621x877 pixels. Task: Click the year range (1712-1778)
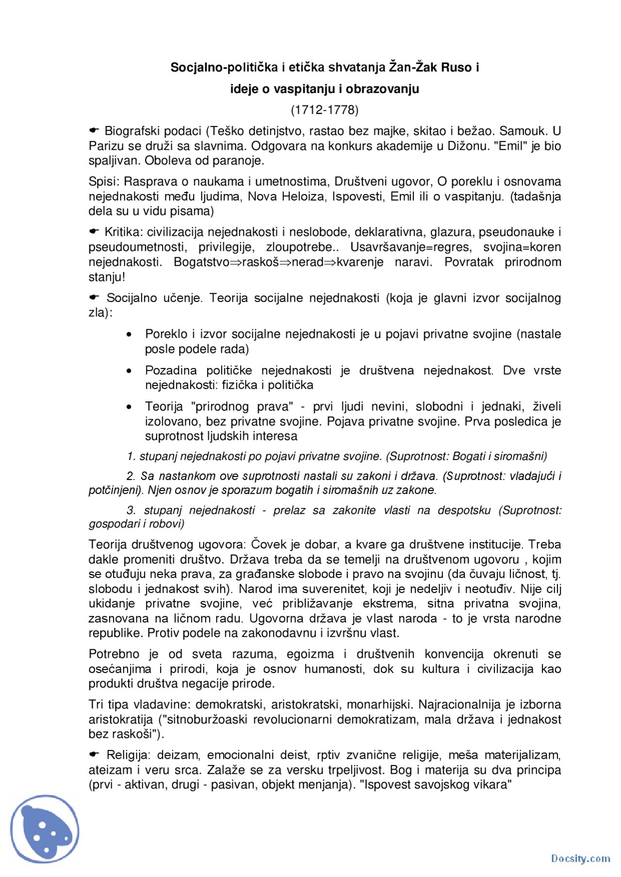click(324, 110)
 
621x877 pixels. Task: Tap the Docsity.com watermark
click(580, 859)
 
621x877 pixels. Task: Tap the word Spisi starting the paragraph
click(104, 182)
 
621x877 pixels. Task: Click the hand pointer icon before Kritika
click(94, 231)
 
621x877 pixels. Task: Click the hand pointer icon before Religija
click(94, 754)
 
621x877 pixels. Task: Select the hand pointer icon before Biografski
click(94, 130)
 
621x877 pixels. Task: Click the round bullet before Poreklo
click(129, 335)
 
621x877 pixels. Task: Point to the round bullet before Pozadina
click(129, 371)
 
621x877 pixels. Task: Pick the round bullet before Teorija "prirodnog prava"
click(129, 407)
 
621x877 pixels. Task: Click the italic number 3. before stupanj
click(131, 510)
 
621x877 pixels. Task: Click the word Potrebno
click(114, 654)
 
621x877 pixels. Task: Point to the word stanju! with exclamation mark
click(107, 277)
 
